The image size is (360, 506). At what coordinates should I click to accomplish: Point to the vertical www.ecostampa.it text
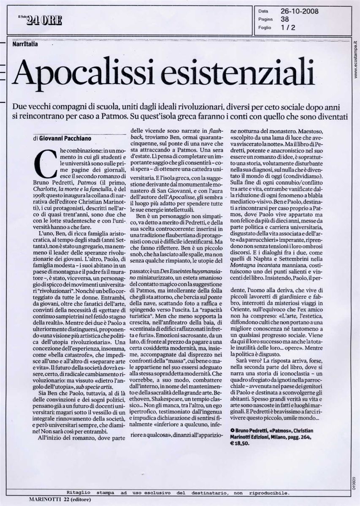(x=355, y=59)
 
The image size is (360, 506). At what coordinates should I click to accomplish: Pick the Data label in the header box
(x=263, y=12)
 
